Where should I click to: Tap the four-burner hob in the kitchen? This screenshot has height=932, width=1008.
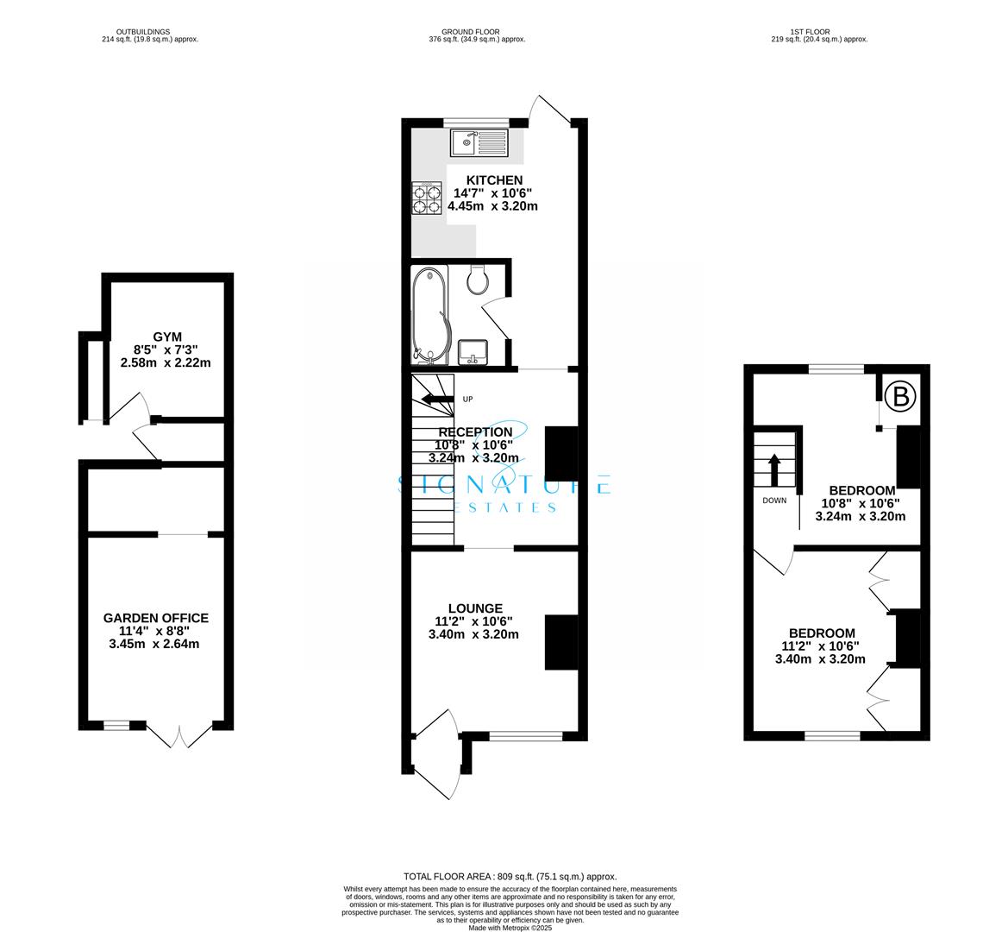pos(427,200)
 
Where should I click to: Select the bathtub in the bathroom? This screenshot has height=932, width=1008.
pos(429,315)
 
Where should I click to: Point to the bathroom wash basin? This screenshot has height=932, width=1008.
pos(473,351)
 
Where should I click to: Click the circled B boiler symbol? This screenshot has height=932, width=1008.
pos(901,397)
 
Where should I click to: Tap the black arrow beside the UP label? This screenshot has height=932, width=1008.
pos(437,399)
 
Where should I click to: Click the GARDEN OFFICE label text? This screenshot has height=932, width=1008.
pos(155,618)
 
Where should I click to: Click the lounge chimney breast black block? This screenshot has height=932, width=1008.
pos(560,642)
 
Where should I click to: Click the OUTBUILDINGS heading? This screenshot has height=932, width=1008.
pos(149,32)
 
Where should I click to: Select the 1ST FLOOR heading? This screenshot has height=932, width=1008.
pos(818,32)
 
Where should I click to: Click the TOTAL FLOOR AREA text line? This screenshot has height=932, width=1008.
pos(510,876)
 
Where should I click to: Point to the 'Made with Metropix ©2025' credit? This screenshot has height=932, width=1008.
pos(510,928)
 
